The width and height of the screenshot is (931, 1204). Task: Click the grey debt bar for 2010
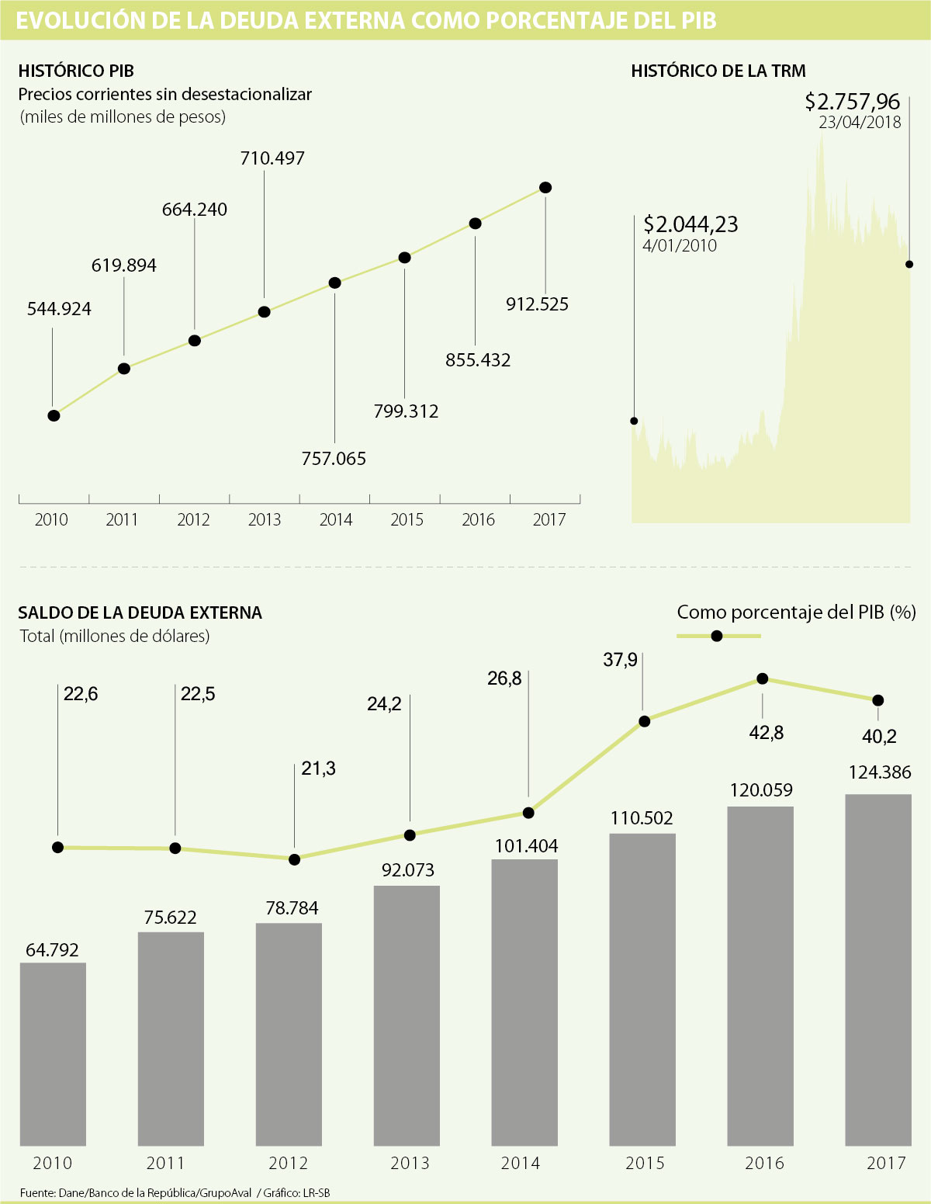coord(53,1053)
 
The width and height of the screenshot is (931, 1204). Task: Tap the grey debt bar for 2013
coord(407,1015)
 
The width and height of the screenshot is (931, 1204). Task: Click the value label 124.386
coord(880,772)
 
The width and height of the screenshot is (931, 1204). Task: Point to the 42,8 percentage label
coord(767,732)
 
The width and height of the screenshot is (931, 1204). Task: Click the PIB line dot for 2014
coord(334,283)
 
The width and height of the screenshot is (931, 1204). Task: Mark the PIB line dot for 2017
coord(545,188)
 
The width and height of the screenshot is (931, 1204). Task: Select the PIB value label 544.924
coord(59,309)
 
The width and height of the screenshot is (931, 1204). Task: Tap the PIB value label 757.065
coord(334,459)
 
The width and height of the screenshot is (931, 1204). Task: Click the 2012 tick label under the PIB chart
coord(193,519)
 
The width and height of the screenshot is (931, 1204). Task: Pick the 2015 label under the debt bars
coord(645,1163)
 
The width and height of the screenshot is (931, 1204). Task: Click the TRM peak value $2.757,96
coord(852,101)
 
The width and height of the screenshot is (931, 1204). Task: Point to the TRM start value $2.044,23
coord(690,224)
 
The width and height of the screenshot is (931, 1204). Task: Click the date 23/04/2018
coord(860,122)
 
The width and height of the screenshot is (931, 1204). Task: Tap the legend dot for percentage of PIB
coord(717,637)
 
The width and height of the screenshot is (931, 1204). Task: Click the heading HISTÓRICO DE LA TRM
coord(718,71)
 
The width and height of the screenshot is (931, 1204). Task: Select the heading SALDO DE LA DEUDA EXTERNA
coord(140,612)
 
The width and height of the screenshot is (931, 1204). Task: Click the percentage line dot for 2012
coord(294,859)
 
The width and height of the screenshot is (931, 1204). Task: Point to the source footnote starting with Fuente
coord(175,1192)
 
